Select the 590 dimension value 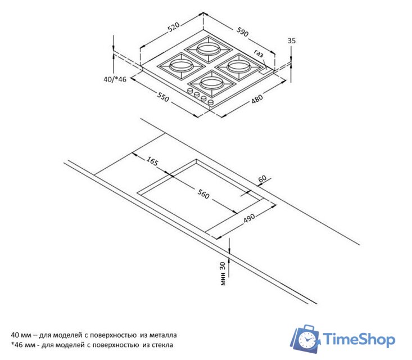click(x=242, y=31)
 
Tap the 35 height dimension click(x=291, y=40)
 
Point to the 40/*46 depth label click(x=115, y=79)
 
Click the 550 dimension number click(x=163, y=98)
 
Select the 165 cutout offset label click(x=152, y=161)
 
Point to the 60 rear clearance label click(x=262, y=179)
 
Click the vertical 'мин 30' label click(x=223, y=273)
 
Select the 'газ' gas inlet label click(x=258, y=54)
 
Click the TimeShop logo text click(x=360, y=339)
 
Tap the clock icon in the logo click(x=307, y=340)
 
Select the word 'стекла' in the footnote click(x=162, y=344)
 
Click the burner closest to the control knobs click(x=211, y=83)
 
